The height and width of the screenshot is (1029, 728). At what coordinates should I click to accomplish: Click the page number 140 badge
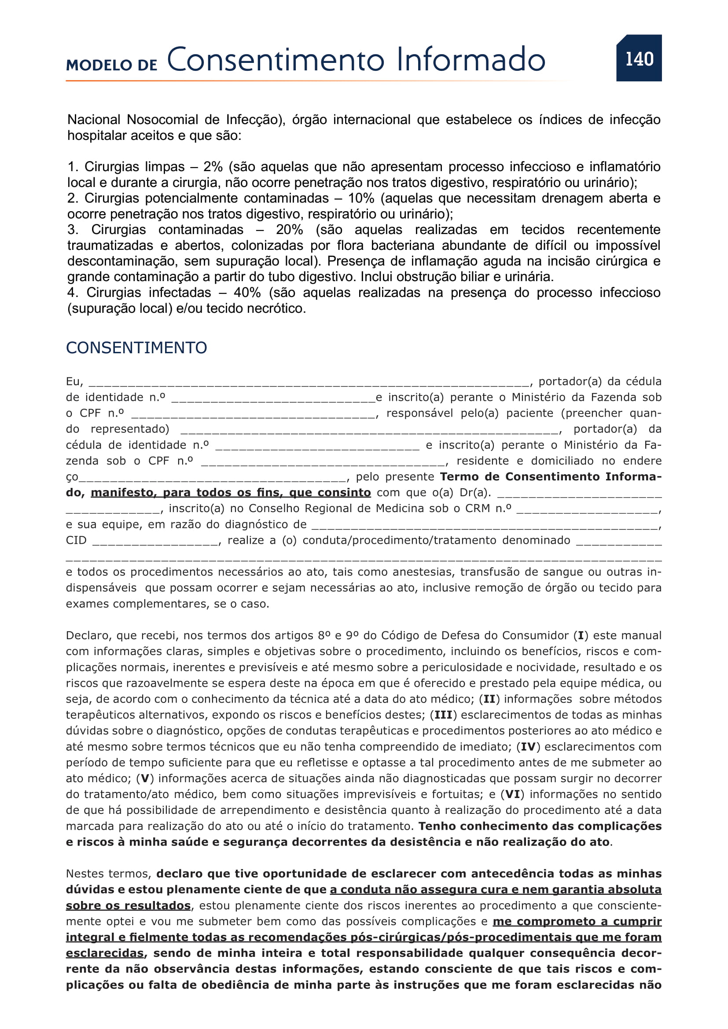tap(639, 59)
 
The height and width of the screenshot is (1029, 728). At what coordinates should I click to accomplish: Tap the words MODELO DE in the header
tap(112, 65)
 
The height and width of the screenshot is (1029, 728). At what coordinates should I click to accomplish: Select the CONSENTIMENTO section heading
tap(136, 348)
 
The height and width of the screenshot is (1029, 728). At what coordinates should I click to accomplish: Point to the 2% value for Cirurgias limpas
tap(213, 167)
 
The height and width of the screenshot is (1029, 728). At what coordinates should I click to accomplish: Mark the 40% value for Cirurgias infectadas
tap(247, 293)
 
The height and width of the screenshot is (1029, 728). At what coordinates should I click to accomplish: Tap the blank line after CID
tap(155, 542)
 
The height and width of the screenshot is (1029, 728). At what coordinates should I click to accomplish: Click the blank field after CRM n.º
tap(587, 509)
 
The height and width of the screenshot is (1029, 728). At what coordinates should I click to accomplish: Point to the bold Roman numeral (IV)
tap(529, 747)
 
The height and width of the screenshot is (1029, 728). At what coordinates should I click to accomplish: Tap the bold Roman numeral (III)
tap(443, 715)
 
